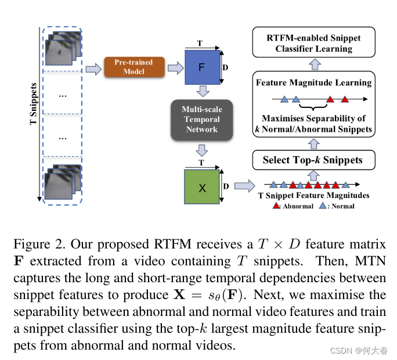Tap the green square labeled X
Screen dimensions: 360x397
coord(201,188)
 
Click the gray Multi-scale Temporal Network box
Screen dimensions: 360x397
coord(201,120)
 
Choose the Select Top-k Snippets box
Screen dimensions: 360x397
coord(313,160)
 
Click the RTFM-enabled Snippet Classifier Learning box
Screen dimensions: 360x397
coord(313,44)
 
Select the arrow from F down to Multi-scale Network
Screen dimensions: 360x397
coord(201,92)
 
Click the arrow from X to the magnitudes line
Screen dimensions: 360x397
coord(243,186)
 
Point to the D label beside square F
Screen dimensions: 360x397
coord(226,68)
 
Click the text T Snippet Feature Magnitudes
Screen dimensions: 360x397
coord(313,196)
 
